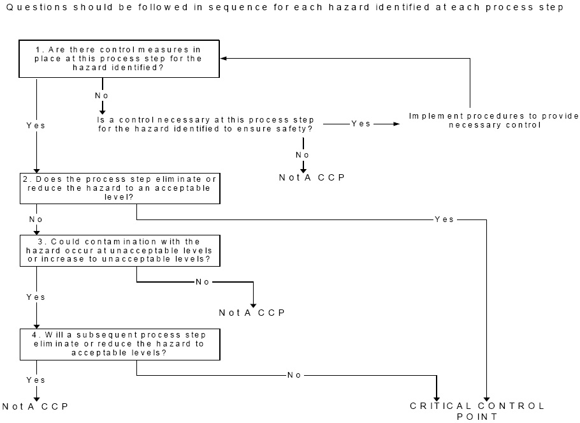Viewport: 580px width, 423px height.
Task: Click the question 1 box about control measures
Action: click(120, 59)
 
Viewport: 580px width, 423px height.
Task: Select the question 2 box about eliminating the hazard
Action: click(120, 188)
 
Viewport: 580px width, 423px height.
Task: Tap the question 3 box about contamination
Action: click(120, 250)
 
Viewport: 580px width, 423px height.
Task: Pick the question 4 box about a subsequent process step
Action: click(120, 344)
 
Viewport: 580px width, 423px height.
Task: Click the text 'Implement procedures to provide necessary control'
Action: click(494, 120)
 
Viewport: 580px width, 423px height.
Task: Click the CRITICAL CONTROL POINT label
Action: click(477, 411)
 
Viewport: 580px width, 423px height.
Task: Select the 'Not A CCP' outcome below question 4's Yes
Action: click(35, 406)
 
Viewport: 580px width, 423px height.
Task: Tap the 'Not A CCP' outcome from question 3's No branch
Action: click(252, 313)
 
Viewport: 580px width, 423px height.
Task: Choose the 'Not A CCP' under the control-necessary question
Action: click(312, 177)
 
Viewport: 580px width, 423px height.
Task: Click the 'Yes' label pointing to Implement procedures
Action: click(361, 124)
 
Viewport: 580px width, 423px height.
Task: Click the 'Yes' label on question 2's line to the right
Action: click(444, 219)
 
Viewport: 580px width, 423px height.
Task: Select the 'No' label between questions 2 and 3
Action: click(36, 219)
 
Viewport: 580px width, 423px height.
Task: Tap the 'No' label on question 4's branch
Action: click(294, 375)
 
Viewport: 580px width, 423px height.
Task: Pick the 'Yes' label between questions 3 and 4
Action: click(36, 297)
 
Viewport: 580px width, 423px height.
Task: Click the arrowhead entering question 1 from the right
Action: click(224, 58)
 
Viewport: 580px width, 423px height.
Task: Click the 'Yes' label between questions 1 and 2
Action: click(36, 126)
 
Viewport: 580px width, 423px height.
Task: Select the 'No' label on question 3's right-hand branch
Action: click(202, 281)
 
